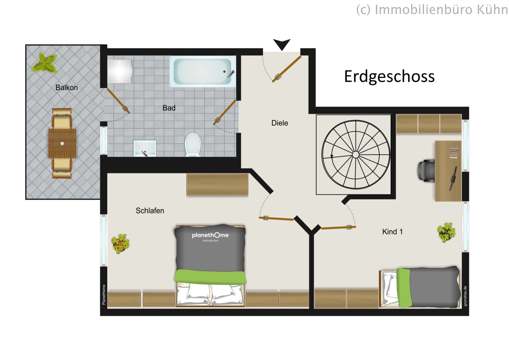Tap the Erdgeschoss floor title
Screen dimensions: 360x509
[x=389, y=77]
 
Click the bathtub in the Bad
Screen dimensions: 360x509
[x=203, y=71]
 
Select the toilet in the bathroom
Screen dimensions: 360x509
[x=192, y=145]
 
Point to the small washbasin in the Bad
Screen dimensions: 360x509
[x=145, y=148]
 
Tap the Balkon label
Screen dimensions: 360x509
[x=66, y=88]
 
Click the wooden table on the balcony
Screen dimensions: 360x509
[x=62, y=143]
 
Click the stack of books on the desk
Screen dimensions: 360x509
[x=454, y=153]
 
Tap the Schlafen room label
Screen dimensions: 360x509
[x=150, y=211]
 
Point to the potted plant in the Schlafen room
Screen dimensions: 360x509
[x=120, y=243]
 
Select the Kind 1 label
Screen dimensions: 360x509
[x=392, y=232]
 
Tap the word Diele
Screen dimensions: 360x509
[x=280, y=123]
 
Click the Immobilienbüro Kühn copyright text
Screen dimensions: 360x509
[x=432, y=10]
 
